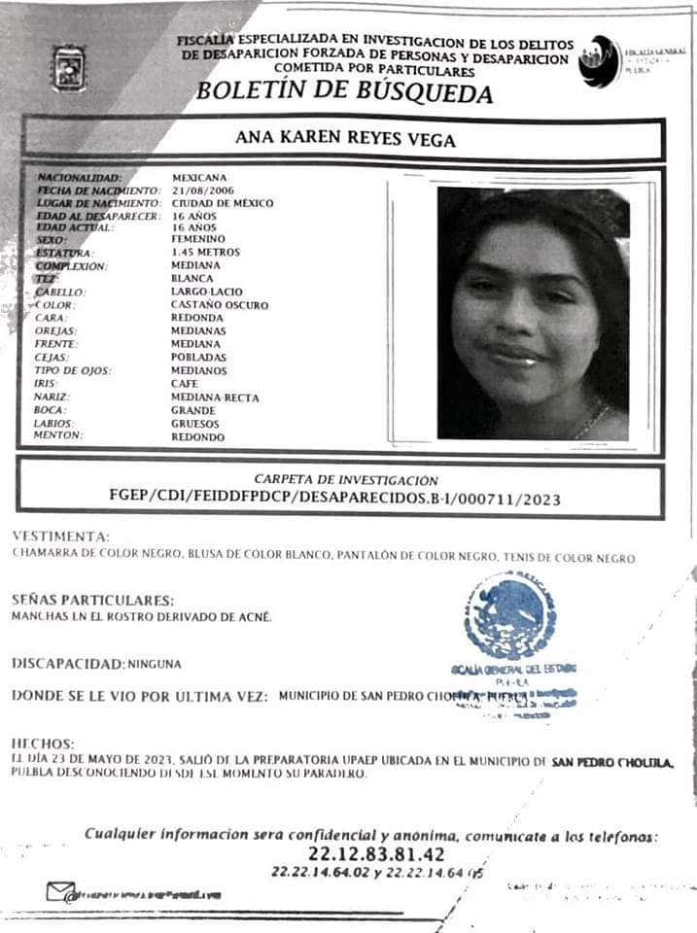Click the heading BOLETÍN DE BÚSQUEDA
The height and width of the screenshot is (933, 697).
[344, 92]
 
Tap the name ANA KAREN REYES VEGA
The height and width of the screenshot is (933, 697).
[345, 138]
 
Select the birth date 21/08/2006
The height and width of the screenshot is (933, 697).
[204, 191]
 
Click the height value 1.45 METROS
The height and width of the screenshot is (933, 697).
[204, 252]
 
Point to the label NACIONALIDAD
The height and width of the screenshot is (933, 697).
[80, 179]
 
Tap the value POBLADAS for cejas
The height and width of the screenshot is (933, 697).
[198, 358]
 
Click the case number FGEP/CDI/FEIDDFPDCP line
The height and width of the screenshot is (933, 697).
[334, 498]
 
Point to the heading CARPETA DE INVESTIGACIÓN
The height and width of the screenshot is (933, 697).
[345, 480]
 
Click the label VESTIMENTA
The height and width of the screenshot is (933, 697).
[60, 536]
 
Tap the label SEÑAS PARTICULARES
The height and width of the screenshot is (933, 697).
[93, 600]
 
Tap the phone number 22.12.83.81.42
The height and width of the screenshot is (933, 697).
[376, 854]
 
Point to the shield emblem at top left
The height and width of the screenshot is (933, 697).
[68, 68]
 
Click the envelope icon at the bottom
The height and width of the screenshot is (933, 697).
[60, 890]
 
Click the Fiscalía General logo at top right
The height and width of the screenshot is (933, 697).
[600, 61]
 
